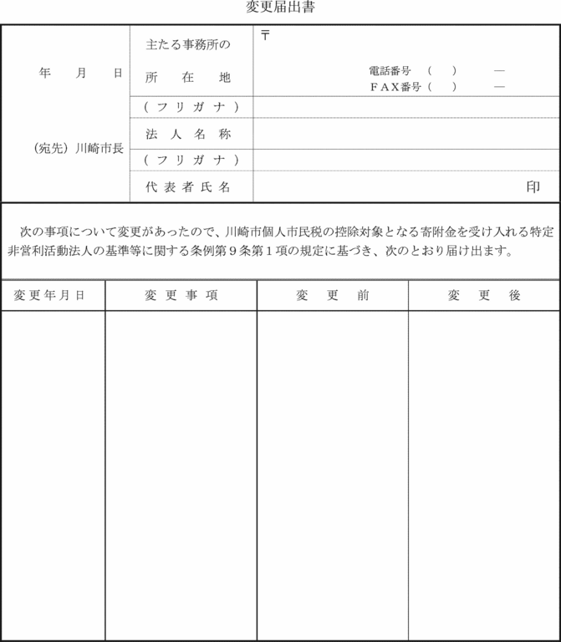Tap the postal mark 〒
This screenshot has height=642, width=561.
click(x=265, y=35)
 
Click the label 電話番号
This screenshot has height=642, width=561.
click(x=389, y=71)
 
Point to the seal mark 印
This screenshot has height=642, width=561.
click(x=533, y=187)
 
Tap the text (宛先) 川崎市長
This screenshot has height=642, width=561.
click(x=79, y=149)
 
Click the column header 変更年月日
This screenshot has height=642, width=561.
click(x=53, y=295)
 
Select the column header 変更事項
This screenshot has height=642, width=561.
click(x=181, y=295)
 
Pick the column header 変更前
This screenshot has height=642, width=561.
click(x=332, y=295)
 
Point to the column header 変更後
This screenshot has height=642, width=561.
click(x=484, y=295)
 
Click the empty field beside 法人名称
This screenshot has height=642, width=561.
click(x=405, y=134)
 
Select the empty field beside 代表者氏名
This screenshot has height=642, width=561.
click(x=385, y=187)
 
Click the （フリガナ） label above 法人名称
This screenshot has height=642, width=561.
click(x=191, y=107)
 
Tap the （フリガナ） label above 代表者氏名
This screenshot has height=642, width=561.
click(x=191, y=160)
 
